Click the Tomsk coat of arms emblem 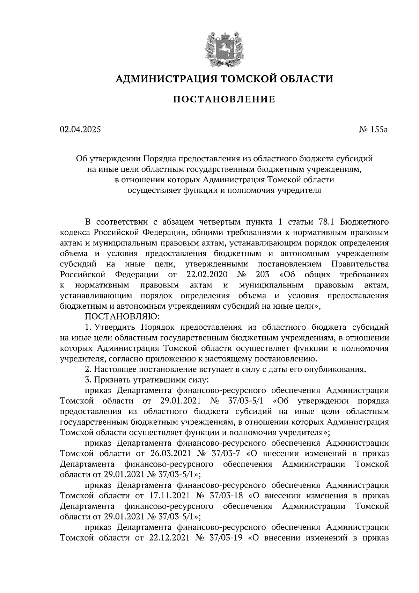(224, 49)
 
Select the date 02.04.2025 (80, 130)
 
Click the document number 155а (380, 130)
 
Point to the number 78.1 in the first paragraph (327, 222)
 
